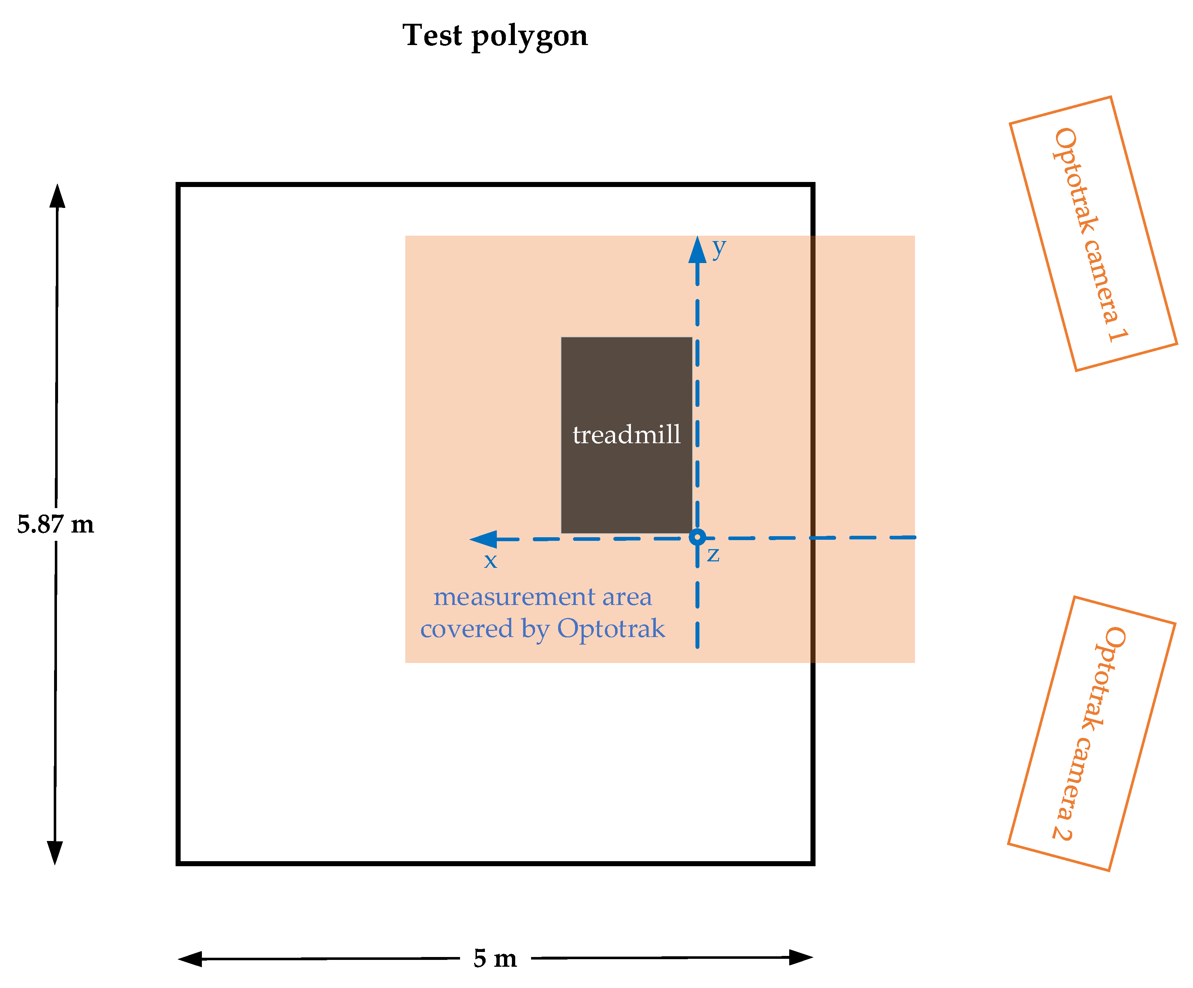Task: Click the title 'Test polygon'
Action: point(495,36)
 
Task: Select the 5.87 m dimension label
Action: point(55,524)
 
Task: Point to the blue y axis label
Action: point(719,247)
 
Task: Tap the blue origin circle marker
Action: point(697,537)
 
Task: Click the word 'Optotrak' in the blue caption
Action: point(611,628)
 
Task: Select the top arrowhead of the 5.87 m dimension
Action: point(57,196)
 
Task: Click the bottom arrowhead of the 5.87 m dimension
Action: point(54,852)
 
